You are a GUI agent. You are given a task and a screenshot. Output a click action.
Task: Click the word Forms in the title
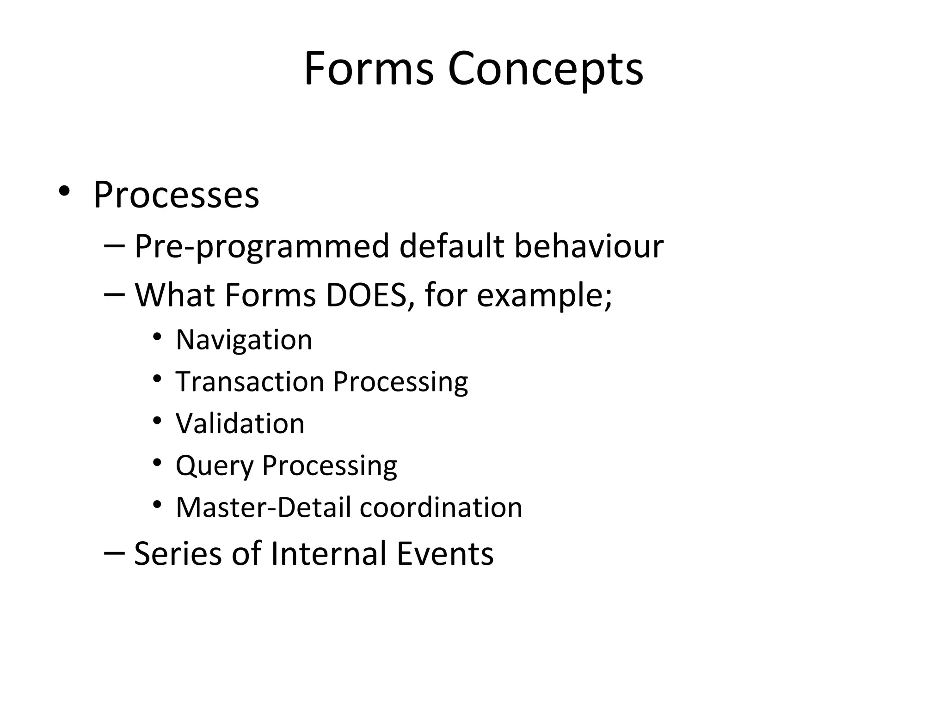[x=369, y=68]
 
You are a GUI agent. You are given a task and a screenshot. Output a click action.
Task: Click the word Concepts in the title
[x=545, y=69]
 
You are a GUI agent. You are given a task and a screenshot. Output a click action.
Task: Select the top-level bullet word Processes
[x=176, y=195]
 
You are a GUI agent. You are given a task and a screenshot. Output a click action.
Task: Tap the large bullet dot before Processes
[x=64, y=191]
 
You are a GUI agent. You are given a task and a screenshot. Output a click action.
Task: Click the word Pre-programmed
[x=262, y=246]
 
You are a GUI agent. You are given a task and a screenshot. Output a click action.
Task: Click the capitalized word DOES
[x=365, y=295]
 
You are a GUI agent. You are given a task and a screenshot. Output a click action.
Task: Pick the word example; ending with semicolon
[x=544, y=296]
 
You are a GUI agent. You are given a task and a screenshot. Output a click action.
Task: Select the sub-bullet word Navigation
[x=244, y=340]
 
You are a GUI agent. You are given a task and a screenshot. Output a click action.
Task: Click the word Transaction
[x=250, y=382]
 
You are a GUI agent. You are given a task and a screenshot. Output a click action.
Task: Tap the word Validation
[x=240, y=423]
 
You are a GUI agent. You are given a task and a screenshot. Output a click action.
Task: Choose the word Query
[x=215, y=466]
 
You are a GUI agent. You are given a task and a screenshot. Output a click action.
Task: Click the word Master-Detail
[x=264, y=507]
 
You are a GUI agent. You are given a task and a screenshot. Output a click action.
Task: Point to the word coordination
[x=441, y=507]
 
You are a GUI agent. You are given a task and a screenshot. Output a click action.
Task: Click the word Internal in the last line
[x=328, y=553]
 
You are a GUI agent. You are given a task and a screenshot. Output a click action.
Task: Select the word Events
[x=445, y=553]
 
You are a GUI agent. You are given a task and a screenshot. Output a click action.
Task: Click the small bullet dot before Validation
[x=157, y=421]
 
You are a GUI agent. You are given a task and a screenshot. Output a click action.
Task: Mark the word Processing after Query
[x=329, y=466]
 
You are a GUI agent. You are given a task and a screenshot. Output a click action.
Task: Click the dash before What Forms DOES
[x=114, y=294]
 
